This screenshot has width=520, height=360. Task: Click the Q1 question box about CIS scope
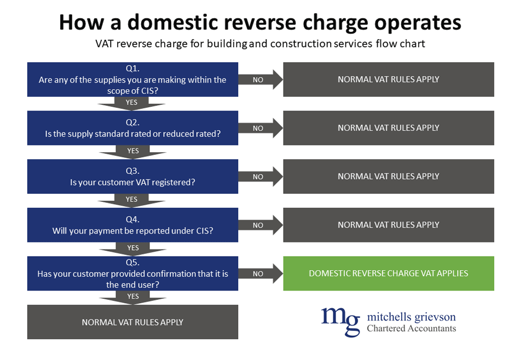point(132,79)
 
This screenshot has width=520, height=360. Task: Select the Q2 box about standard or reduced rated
point(132,128)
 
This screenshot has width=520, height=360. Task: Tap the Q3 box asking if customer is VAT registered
point(132,176)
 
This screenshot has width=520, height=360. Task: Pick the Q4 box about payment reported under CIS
point(132,225)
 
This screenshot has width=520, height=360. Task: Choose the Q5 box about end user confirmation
point(132,274)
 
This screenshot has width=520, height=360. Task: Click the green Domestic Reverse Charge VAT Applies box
point(389,274)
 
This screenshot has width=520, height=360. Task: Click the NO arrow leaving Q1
point(261,79)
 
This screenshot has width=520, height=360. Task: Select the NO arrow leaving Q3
point(261,177)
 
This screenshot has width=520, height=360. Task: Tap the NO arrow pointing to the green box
point(261,274)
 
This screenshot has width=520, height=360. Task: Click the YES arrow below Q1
point(132,103)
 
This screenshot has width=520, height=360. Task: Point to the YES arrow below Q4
point(132,248)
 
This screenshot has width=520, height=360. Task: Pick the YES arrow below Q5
point(132,297)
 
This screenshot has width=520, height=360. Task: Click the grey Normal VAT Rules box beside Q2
point(389,128)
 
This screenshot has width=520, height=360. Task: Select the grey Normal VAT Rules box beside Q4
point(389,225)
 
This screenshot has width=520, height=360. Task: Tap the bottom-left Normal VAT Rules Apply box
point(132,322)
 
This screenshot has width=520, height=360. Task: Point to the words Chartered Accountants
point(411,328)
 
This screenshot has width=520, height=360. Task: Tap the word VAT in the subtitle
point(105,44)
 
